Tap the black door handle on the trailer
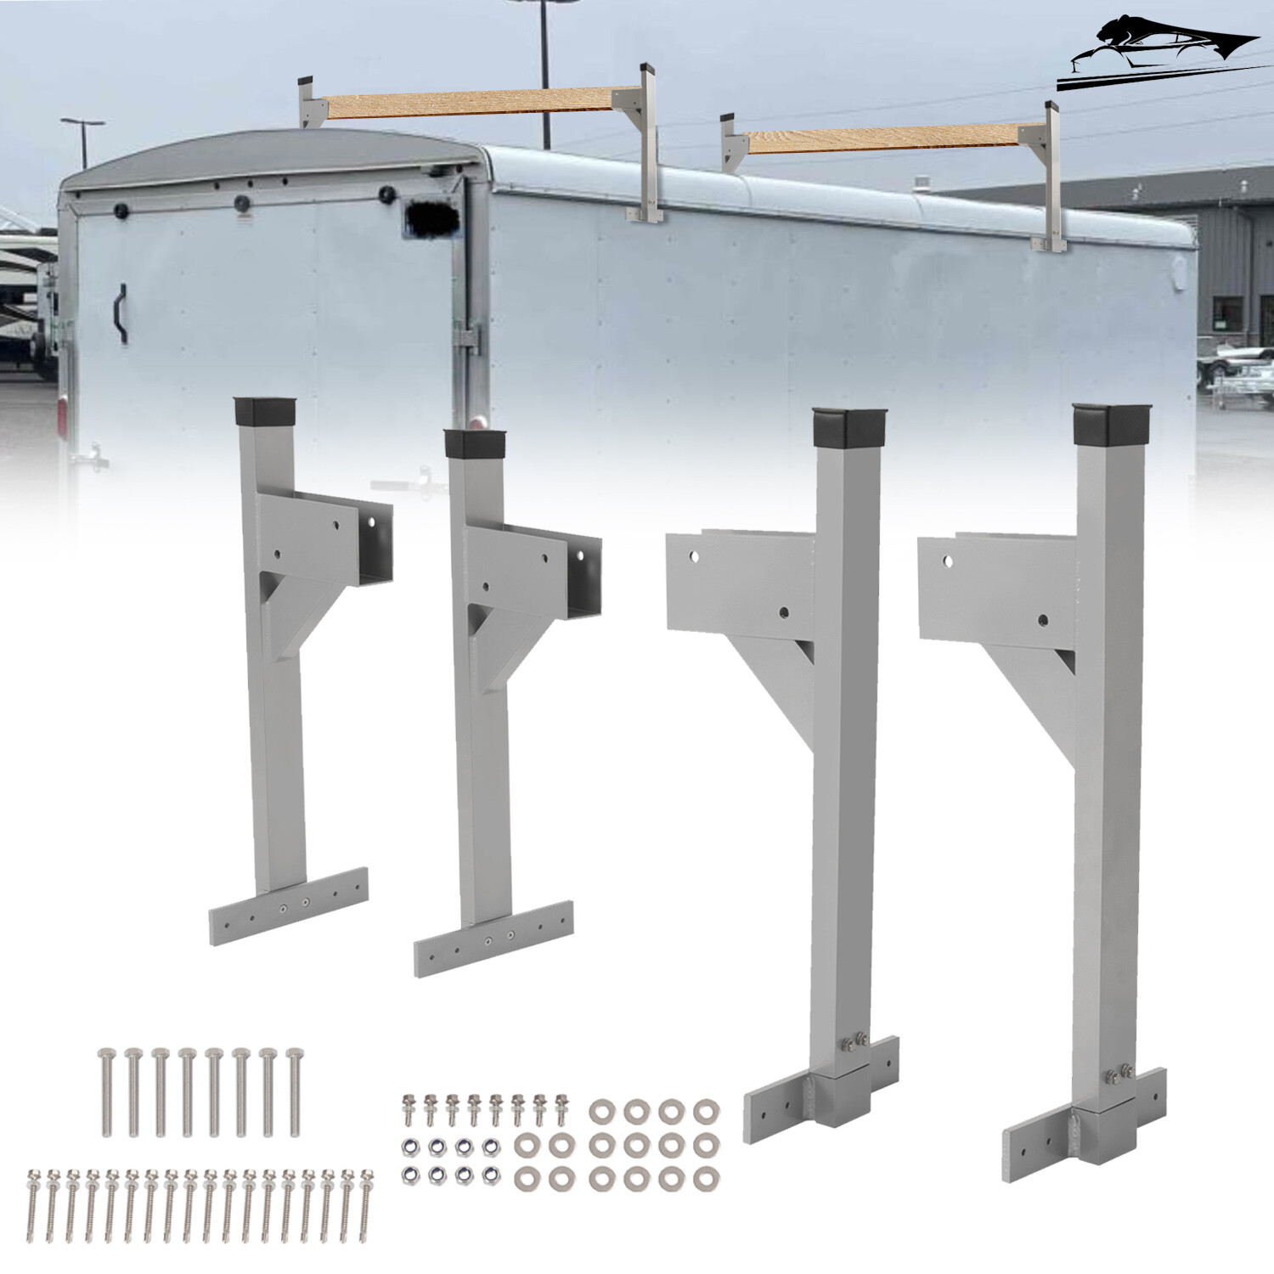tap(121, 313)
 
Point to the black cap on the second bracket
tap(472, 444)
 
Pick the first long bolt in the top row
tap(106, 1091)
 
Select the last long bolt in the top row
tap(294, 1091)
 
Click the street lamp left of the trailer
tap(83, 140)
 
